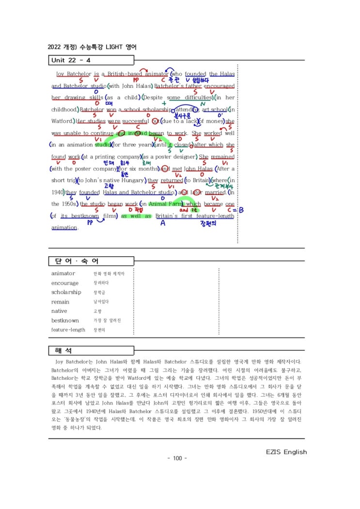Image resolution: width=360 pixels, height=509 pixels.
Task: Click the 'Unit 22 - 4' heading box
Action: [x=91, y=60]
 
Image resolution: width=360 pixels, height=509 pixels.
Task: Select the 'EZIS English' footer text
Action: [x=286, y=452]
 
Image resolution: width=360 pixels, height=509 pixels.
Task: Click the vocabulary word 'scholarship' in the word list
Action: [x=66, y=293]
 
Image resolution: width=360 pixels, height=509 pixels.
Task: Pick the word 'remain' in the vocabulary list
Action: [x=60, y=302]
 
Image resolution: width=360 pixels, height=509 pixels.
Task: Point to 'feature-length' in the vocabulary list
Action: [x=68, y=330]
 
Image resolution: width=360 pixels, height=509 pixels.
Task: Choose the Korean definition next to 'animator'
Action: [x=109, y=274]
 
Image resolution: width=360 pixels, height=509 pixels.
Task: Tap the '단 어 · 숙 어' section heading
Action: [x=74, y=262]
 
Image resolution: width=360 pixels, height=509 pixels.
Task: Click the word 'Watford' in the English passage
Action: [x=63, y=121]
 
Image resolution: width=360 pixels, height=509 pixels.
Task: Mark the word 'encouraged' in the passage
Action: [x=219, y=86]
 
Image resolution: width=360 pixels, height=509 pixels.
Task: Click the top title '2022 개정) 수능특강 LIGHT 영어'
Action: [x=92, y=47]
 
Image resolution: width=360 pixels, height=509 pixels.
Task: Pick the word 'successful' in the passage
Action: [x=137, y=121]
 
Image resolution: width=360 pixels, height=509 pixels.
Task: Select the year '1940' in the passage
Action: [x=57, y=192]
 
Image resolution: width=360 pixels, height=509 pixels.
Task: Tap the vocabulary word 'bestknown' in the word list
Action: [x=65, y=321]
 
